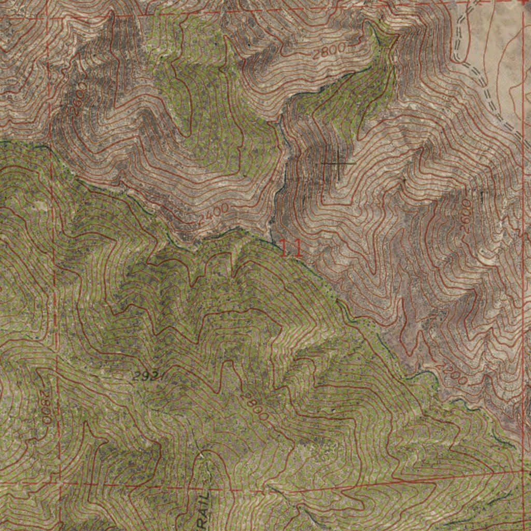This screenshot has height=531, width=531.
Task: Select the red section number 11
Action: click(x=291, y=248)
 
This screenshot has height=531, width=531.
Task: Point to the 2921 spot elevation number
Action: click(x=147, y=376)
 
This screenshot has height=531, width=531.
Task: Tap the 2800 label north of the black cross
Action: click(x=329, y=51)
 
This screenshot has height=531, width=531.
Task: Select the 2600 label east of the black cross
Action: click(x=466, y=216)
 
